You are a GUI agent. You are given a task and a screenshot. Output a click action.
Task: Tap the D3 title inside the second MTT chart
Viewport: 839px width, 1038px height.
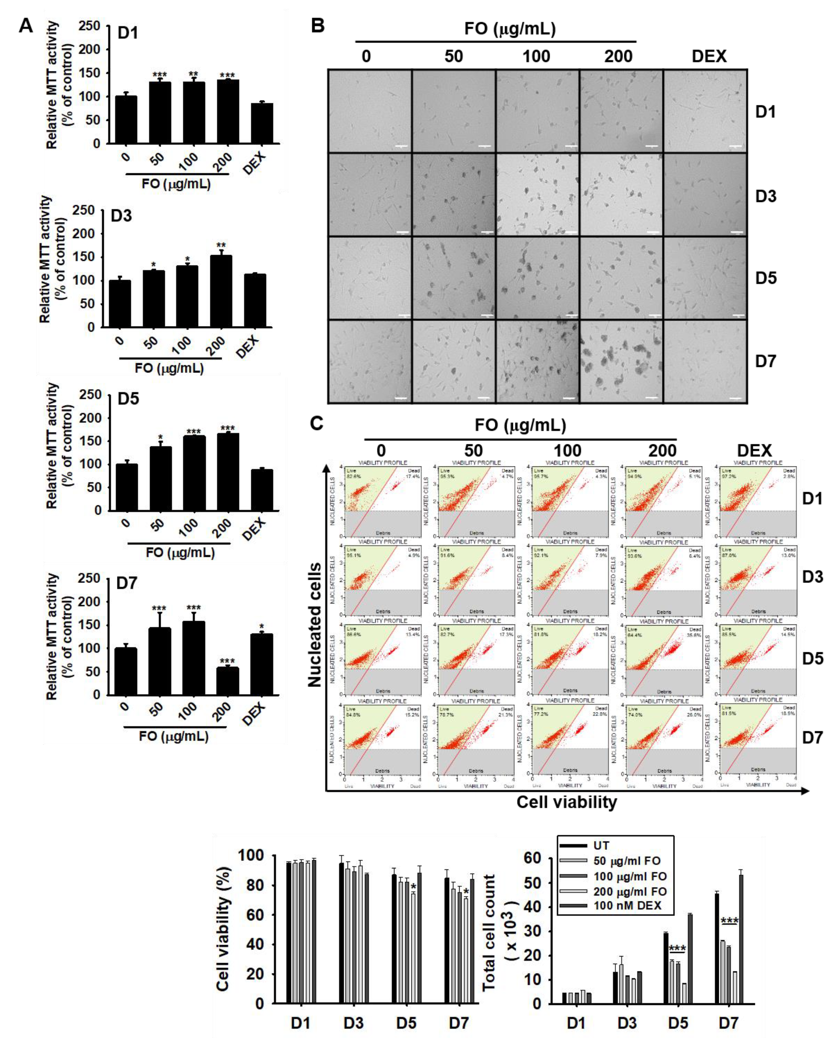(121, 216)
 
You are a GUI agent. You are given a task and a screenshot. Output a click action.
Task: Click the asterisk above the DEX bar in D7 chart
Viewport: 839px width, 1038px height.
(262, 626)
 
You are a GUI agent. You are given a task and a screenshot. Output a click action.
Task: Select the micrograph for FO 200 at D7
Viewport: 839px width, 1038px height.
(620, 361)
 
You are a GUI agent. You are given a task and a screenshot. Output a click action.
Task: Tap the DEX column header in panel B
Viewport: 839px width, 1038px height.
(709, 57)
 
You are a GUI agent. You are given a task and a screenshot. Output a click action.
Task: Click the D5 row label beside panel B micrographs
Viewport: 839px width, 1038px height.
(766, 278)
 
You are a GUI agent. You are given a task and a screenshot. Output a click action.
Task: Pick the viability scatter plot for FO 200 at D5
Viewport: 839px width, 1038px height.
(663, 660)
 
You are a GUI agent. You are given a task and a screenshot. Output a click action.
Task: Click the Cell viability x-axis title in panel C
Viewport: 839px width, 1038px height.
(567, 802)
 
